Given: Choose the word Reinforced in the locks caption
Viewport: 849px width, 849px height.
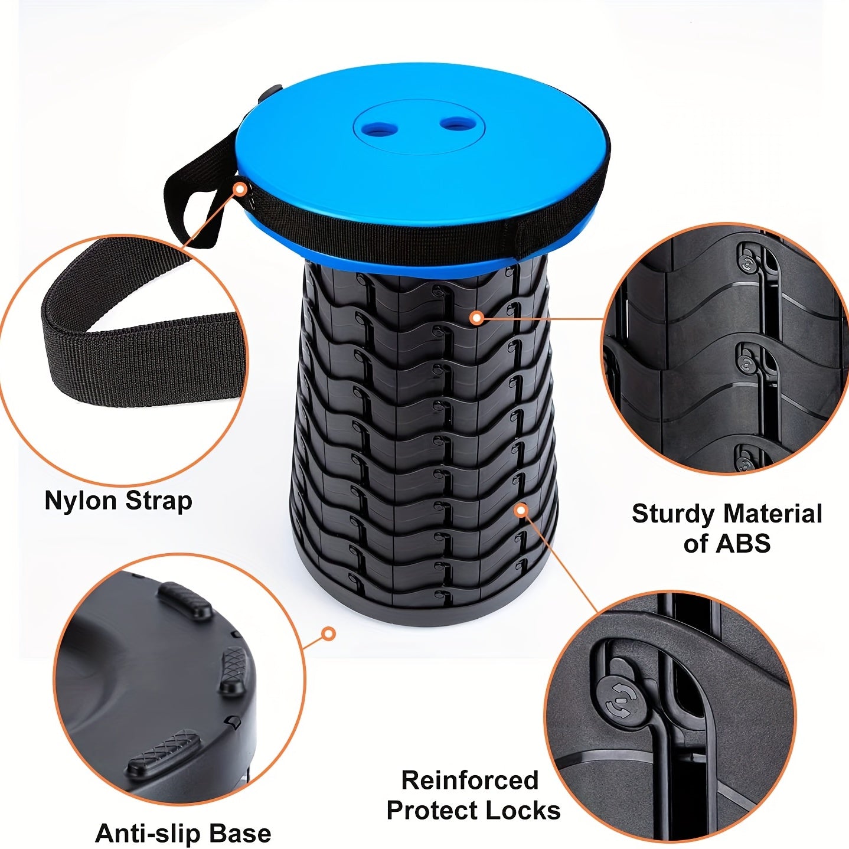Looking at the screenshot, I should point(470,781).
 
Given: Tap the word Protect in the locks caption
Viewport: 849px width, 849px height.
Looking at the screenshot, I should point(432,811).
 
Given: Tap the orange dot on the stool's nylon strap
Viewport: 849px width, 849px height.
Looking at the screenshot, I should point(240,189).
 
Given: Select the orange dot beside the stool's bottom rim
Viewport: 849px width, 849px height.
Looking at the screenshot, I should point(328,634).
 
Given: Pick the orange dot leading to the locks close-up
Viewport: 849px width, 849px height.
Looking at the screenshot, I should point(520,510).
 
